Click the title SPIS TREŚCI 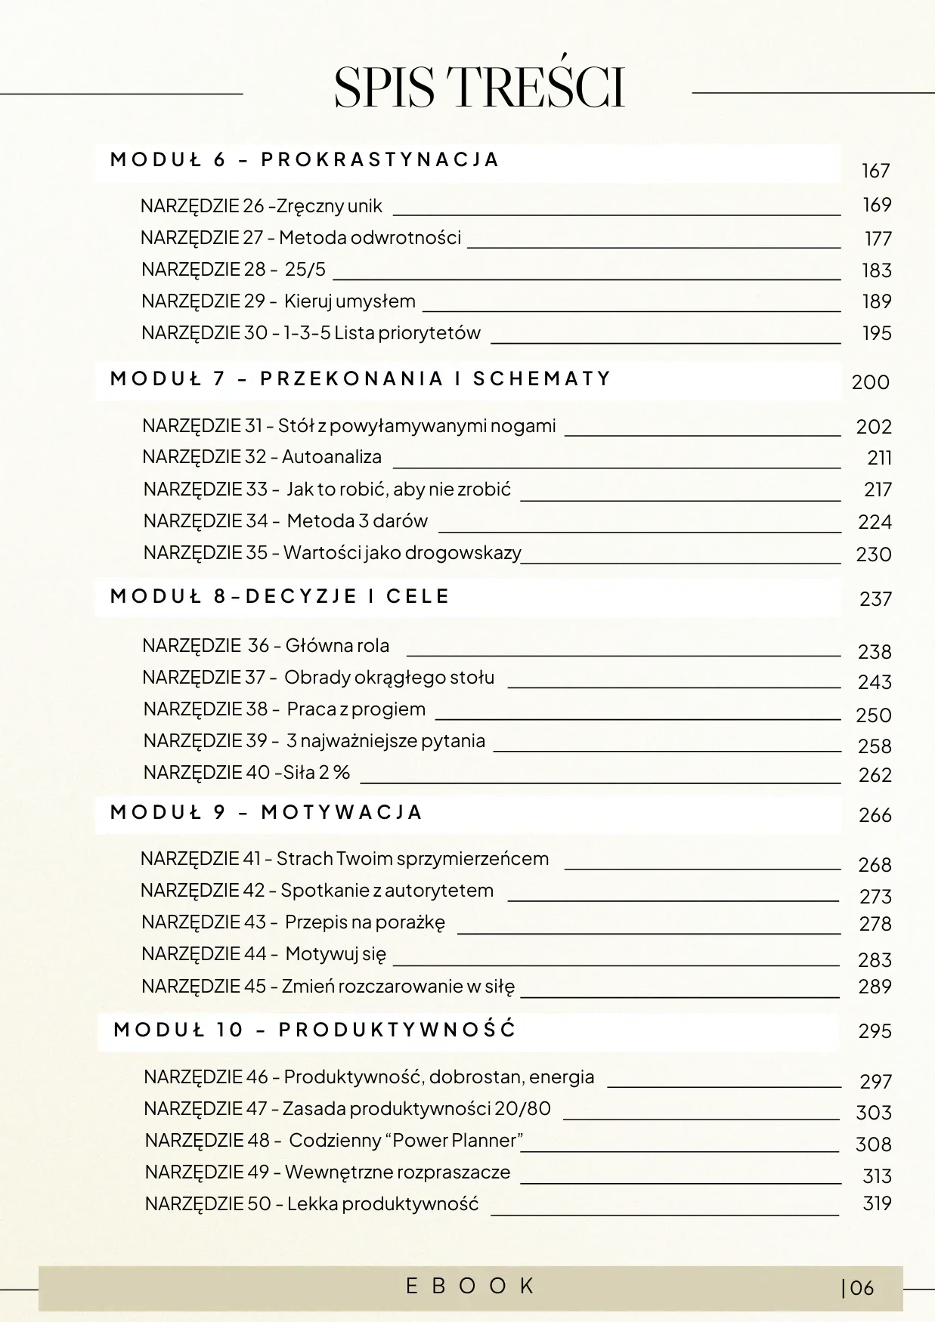click(479, 88)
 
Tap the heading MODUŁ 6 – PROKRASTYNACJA click(305, 160)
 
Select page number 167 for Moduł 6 click(875, 171)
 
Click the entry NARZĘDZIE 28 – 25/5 click(234, 270)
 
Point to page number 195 click(877, 333)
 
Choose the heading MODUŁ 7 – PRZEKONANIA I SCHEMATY click(361, 378)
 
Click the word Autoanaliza click(332, 457)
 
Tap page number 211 click(879, 458)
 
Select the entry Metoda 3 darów click(358, 521)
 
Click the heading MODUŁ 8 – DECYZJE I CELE click(280, 597)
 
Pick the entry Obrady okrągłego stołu click(389, 678)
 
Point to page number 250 click(873, 715)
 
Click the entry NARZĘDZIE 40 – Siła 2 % click(246, 773)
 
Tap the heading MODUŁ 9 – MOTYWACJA click(266, 813)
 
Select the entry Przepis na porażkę click(365, 922)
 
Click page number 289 click(875, 987)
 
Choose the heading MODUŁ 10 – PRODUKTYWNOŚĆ click(314, 1030)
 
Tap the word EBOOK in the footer click(470, 1286)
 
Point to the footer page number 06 click(861, 1288)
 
